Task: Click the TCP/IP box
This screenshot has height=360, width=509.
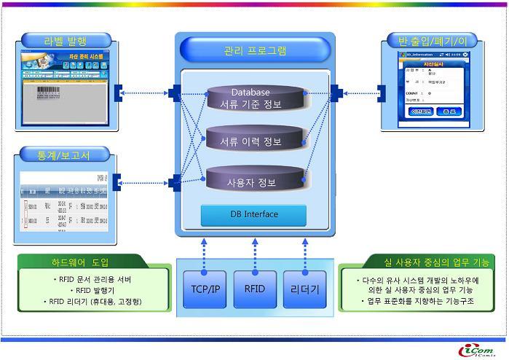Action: [204, 289]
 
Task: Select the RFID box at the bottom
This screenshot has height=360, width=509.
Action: [255, 289]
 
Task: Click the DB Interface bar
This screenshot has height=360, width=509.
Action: [253, 214]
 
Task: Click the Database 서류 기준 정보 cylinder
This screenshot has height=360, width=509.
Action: [251, 99]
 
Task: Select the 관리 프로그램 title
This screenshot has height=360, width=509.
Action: [254, 51]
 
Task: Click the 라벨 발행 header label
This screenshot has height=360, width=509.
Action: [65, 40]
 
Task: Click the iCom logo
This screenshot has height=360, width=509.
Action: [478, 350]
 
